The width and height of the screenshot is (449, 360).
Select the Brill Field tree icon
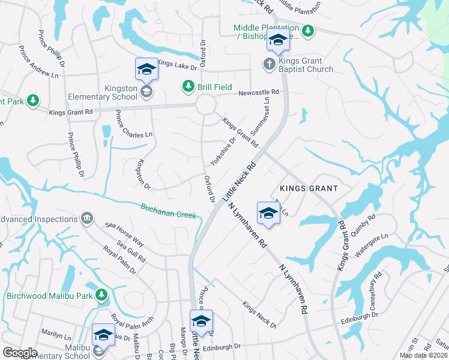[x=188, y=87]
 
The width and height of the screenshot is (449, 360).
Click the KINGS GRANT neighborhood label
[x=308, y=188]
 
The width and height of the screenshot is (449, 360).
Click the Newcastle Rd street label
[x=259, y=92]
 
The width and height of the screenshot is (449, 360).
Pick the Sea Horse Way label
[x=124, y=233]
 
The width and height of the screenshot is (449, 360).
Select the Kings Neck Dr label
[x=259, y=315]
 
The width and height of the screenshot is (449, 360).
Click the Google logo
[x=20, y=353]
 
